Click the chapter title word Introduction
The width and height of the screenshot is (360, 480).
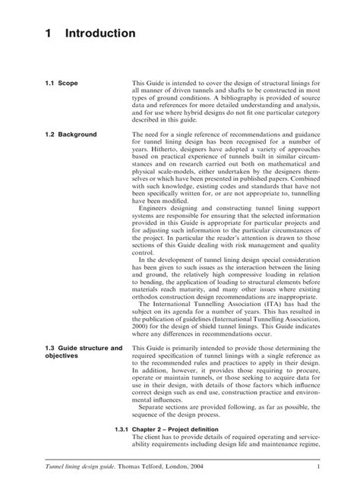[100, 34]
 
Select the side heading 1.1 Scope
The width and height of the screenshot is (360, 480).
[58, 82]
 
